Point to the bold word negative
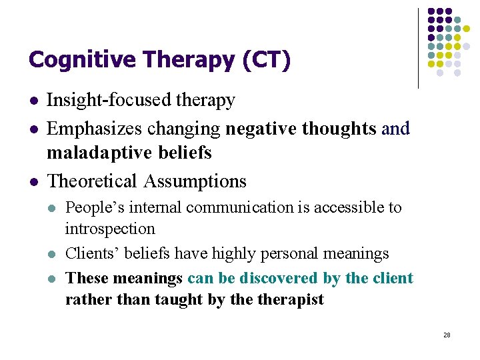[x=259, y=127]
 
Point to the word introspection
[x=110, y=229]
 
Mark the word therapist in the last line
[x=291, y=299]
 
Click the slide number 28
[x=446, y=335]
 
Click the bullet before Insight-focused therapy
[x=33, y=101]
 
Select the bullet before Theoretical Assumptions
[x=33, y=181]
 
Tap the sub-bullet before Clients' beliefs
[x=52, y=253]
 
